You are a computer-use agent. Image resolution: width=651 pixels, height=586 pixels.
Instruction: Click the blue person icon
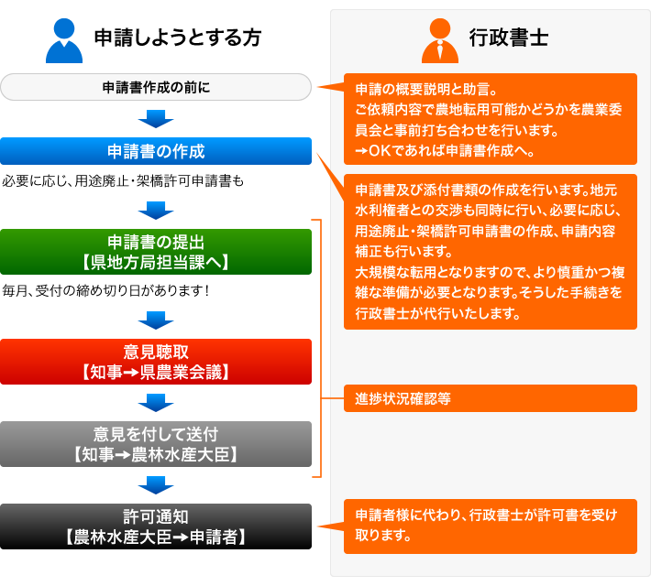click(x=64, y=40)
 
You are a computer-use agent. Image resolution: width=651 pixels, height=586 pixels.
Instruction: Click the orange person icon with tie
click(x=440, y=40)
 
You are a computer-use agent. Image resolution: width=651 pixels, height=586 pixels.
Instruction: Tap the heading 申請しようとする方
click(x=178, y=38)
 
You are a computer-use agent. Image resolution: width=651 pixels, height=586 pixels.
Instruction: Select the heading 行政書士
click(x=509, y=38)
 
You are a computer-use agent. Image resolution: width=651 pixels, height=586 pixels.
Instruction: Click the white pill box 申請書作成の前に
click(x=156, y=87)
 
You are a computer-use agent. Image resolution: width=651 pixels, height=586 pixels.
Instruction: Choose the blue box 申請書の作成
click(x=156, y=151)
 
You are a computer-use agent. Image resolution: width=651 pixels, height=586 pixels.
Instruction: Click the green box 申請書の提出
click(x=156, y=252)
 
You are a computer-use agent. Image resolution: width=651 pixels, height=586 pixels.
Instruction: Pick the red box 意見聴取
click(x=156, y=362)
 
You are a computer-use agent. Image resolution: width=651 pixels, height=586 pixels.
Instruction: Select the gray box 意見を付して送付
click(x=156, y=444)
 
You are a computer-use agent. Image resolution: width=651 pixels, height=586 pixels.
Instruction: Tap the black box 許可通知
click(x=156, y=526)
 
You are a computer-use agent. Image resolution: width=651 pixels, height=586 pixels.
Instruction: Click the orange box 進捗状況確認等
click(x=491, y=398)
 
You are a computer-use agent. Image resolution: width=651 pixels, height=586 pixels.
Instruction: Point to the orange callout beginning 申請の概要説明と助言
click(x=491, y=119)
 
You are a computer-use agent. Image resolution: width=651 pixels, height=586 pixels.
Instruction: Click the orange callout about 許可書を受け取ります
click(x=491, y=526)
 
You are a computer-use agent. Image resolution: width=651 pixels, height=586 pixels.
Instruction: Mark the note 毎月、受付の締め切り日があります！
click(x=105, y=291)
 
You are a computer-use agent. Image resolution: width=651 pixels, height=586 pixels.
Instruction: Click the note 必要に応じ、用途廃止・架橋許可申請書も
click(x=123, y=180)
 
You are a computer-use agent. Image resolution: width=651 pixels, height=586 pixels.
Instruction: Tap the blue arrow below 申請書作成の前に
click(x=156, y=119)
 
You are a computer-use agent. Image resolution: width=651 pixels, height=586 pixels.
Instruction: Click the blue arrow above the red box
click(x=156, y=320)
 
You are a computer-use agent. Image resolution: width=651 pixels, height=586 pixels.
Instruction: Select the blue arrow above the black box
click(x=156, y=485)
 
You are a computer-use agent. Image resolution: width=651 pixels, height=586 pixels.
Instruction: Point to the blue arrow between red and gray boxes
click(x=156, y=403)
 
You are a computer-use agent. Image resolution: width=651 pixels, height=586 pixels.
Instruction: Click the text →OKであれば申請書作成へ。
click(x=445, y=150)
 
